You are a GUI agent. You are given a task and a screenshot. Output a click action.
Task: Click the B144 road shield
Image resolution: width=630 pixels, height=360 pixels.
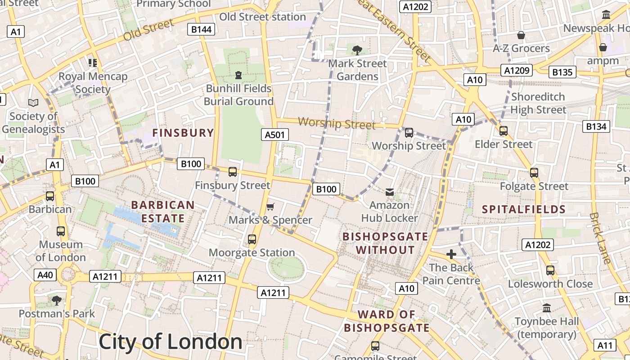(201, 30)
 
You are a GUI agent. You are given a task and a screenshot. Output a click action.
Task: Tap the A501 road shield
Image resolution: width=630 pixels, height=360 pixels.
(275, 135)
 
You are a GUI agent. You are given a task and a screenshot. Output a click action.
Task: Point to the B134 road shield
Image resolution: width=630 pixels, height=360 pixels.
(596, 127)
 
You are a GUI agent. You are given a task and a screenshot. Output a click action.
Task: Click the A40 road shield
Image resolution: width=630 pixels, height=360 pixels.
(45, 275)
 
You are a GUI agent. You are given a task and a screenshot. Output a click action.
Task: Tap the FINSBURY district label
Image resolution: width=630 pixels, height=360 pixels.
(183, 133)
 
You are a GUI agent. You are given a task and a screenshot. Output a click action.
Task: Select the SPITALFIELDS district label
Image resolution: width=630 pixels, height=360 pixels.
(524, 209)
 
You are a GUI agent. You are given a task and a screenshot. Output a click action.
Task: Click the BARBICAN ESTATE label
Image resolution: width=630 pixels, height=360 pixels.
(163, 211)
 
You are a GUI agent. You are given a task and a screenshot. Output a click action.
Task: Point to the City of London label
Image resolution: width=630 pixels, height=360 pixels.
(170, 342)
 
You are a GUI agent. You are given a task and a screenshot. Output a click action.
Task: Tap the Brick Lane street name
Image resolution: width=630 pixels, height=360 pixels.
(600, 238)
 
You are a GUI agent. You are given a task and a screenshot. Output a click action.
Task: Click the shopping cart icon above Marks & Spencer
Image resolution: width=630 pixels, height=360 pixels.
(270, 207)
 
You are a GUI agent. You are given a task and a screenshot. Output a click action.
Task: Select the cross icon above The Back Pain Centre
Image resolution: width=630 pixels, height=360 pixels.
(451, 254)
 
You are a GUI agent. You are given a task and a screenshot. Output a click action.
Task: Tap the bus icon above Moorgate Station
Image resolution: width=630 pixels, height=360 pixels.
(252, 239)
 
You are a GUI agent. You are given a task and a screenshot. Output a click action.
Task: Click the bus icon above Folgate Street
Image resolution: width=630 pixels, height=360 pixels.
(534, 173)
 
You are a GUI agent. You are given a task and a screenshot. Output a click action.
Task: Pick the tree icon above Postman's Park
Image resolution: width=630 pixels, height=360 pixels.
(57, 300)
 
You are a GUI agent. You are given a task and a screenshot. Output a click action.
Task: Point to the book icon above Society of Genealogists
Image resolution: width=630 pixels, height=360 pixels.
(33, 103)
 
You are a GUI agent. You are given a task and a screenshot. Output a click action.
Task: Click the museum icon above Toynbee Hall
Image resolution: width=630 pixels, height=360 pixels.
(547, 308)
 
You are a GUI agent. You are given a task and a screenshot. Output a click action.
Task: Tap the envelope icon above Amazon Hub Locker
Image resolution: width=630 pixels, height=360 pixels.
(390, 192)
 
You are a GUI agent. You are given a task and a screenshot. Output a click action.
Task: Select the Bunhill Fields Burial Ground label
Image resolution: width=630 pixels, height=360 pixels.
(238, 94)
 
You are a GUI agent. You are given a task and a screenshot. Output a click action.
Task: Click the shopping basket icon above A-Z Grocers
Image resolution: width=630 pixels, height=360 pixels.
(521, 35)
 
